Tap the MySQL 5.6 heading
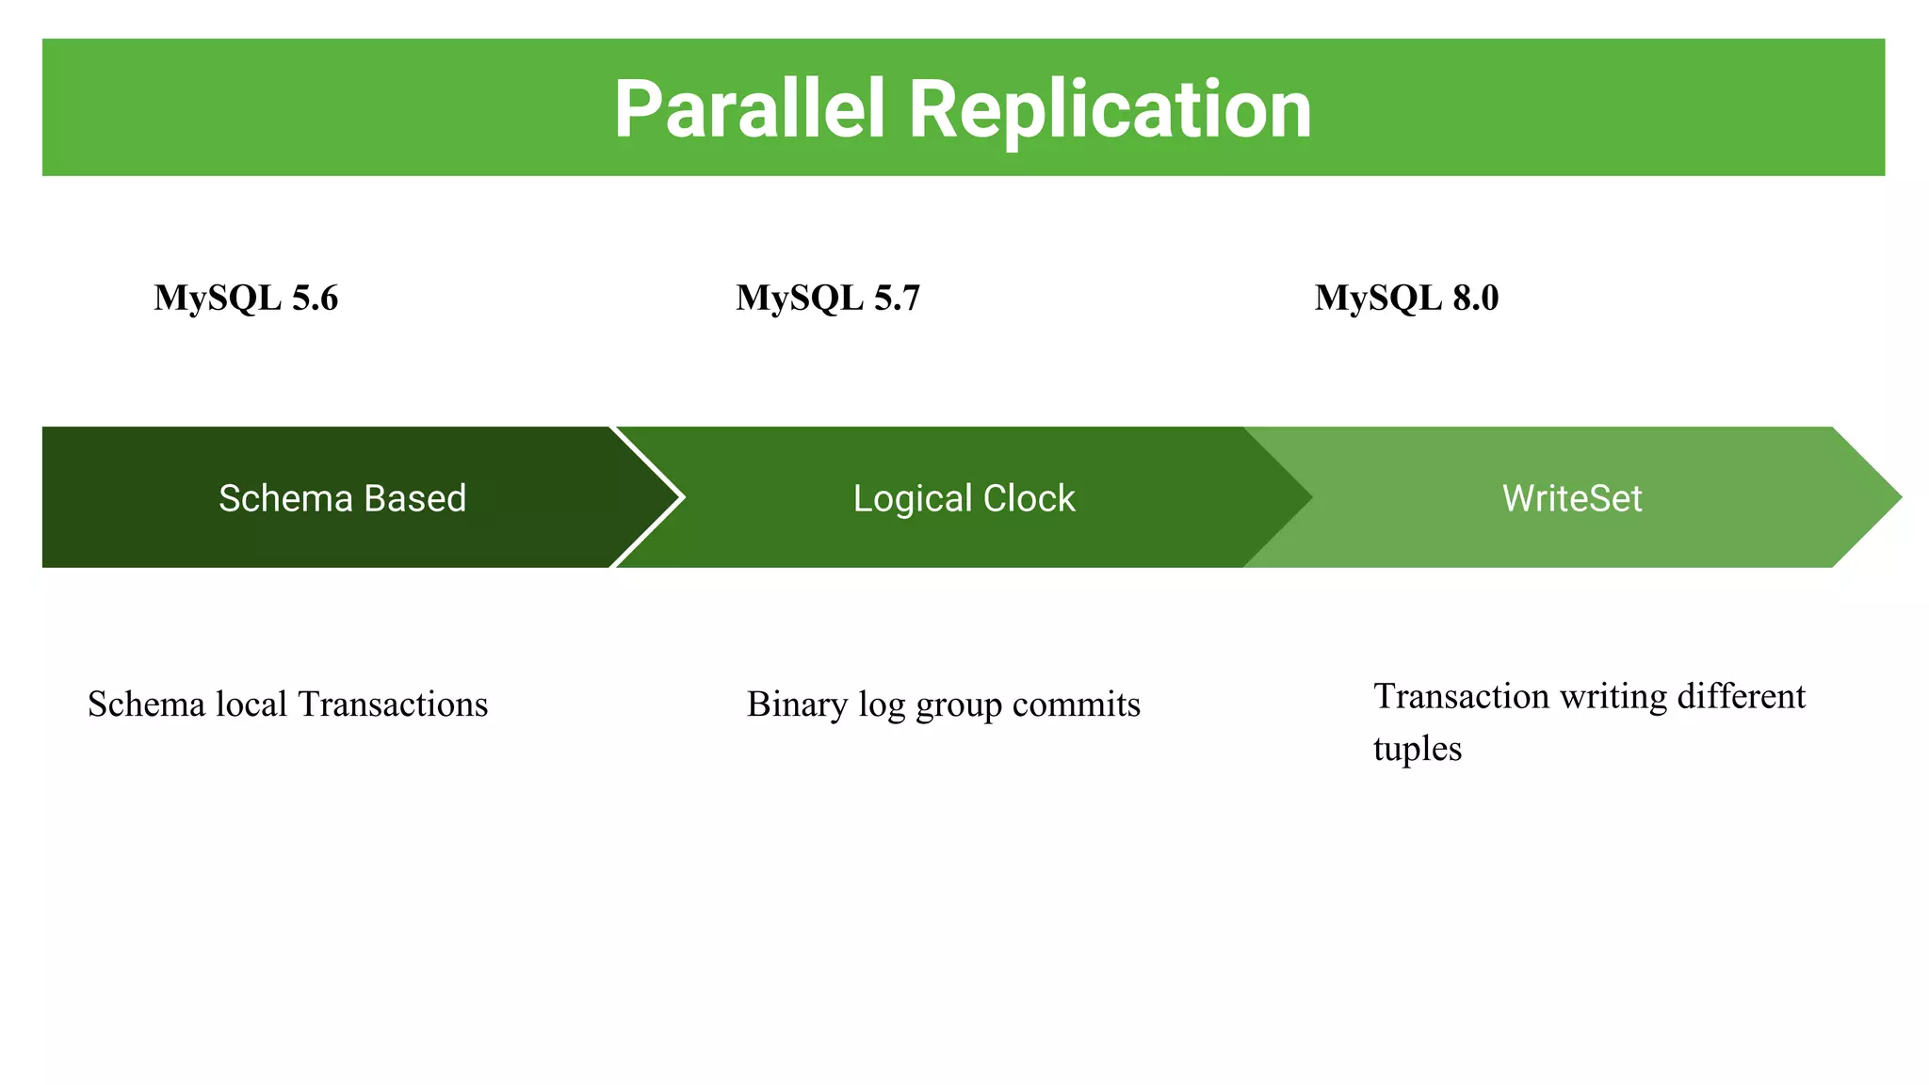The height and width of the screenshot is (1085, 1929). pos(246,298)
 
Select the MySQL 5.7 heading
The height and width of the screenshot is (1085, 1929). pos(828,298)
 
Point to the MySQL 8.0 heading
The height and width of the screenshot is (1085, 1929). pos(1406,298)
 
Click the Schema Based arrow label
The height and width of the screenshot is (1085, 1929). pos(342,498)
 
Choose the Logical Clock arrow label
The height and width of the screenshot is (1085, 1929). pos(964,498)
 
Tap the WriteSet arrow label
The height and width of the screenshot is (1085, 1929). pos(1572,498)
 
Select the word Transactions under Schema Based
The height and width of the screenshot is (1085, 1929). pos(393,704)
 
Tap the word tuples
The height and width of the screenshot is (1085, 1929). pos(1417,749)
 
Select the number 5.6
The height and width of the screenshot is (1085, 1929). pos(315,298)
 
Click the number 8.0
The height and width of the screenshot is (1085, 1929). pos(1475,298)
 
